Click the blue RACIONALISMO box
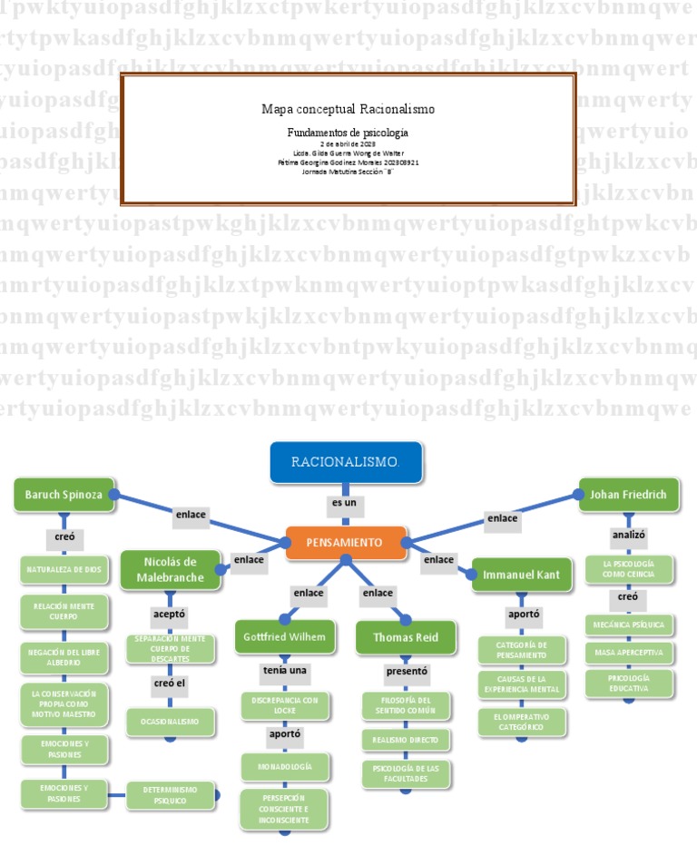coord(345,462)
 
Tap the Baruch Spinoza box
coord(64,495)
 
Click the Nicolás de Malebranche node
coord(170,568)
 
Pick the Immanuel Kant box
coord(522,575)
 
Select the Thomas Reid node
coord(406,637)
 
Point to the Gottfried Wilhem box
coord(284,637)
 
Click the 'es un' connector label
coord(345,501)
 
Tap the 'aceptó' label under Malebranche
coord(169,615)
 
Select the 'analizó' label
coord(628,536)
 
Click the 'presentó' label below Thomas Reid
coord(406,672)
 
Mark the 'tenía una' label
coord(284,671)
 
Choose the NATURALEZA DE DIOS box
coord(63,570)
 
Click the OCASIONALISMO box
coord(171,722)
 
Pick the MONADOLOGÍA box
coord(284,767)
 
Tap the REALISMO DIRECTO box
coord(405,740)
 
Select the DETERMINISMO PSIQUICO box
coord(171,796)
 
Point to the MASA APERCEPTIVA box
coord(628,652)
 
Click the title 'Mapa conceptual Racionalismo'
coord(348,109)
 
